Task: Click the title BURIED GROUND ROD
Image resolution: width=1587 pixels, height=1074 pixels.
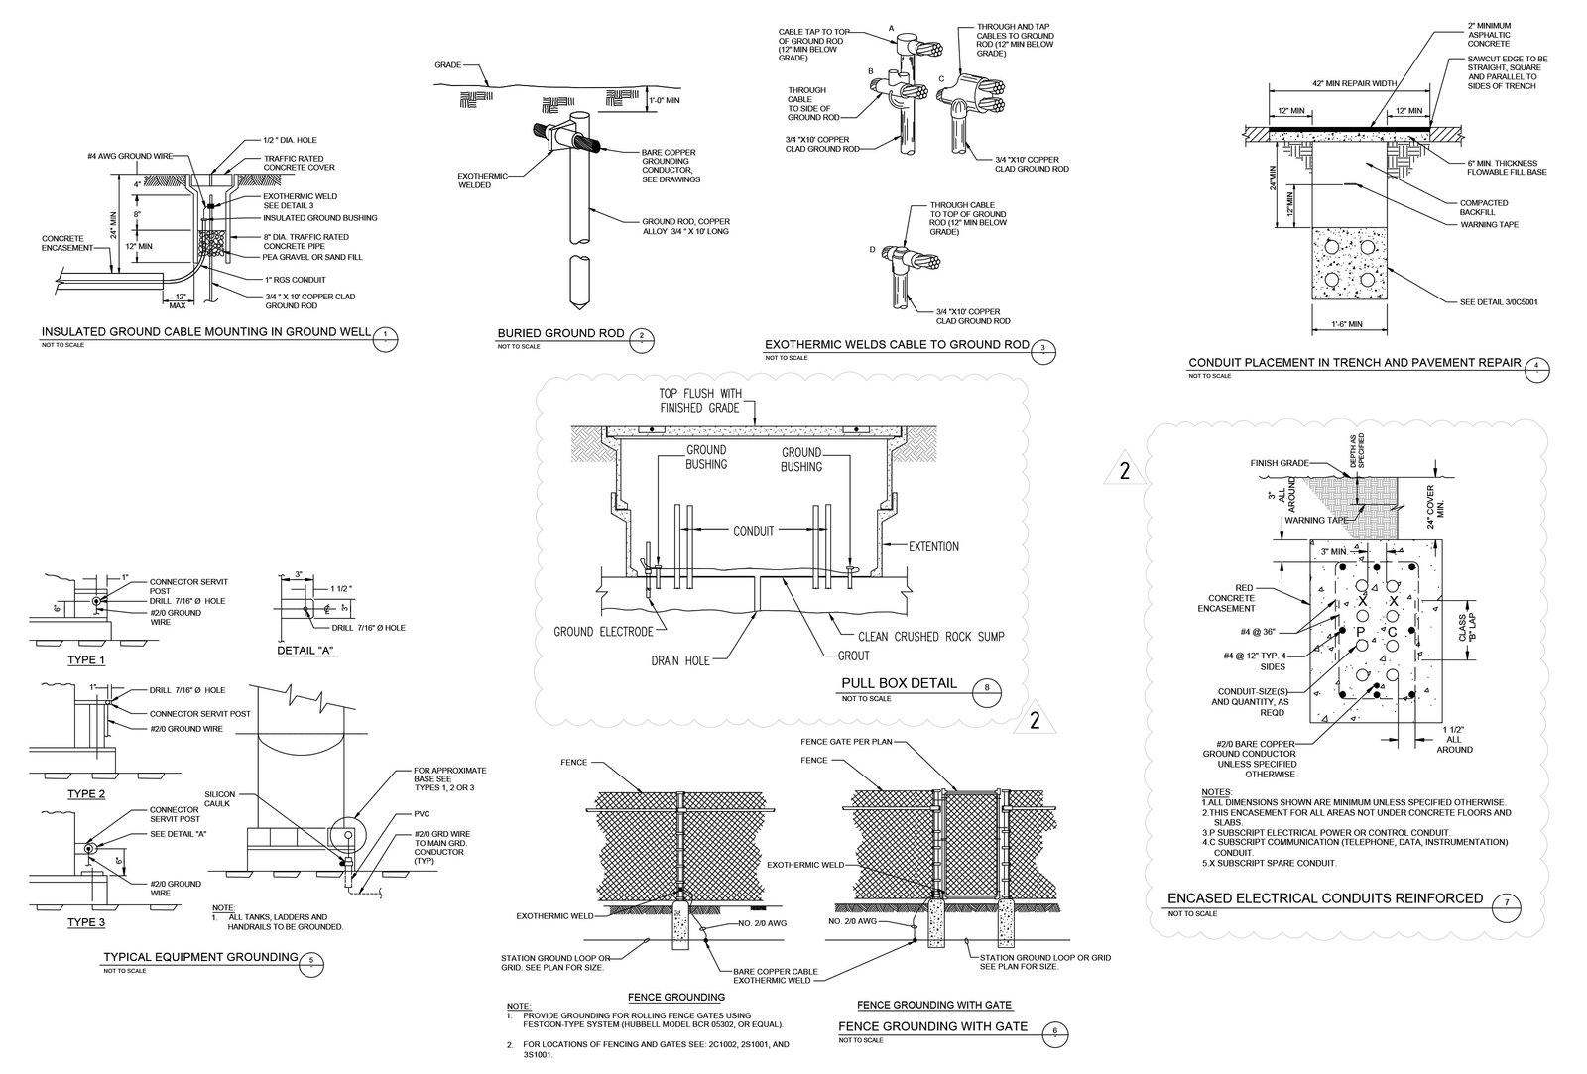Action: pyautogui.click(x=559, y=333)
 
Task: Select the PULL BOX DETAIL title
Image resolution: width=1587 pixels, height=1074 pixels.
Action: pyautogui.click(x=899, y=683)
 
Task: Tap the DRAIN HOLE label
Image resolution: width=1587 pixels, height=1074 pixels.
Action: pyautogui.click(x=680, y=659)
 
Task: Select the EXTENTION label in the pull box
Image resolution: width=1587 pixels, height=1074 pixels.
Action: pyautogui.click(x=933, y=546)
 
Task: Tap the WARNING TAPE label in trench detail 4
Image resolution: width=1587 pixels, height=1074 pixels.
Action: pyautogui.click(x=1488, y=225)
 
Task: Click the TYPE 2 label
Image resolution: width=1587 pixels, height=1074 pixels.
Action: pyautogui.click(x=86, y=794)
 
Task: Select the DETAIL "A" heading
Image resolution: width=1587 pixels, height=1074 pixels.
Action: pyautogui.click(x=306, y=652)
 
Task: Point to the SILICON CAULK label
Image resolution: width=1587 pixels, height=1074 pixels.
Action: pyautogui.click(x=219, y=800)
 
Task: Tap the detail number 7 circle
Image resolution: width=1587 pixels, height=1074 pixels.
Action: pyautogui.click(x=1508, y=902)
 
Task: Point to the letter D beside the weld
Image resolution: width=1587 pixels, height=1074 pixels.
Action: pyautogui.click(x=873, y=249)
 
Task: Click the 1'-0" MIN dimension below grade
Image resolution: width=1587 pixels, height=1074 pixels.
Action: pyautogui.click(x=666, y=100)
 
